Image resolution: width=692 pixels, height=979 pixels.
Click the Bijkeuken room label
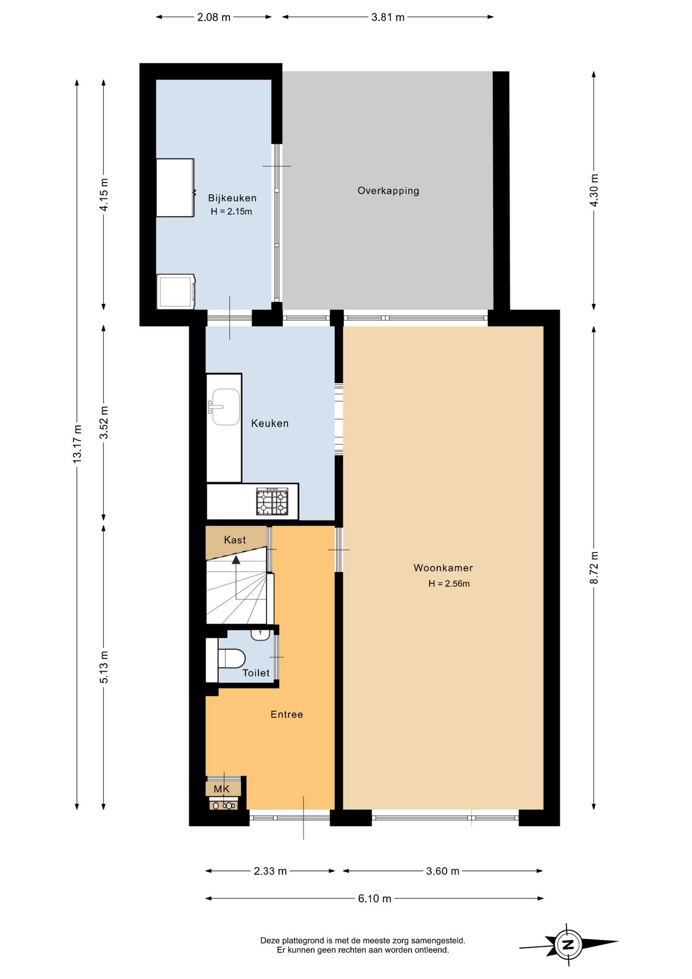(232, 198)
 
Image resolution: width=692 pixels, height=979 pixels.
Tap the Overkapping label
(388, 191)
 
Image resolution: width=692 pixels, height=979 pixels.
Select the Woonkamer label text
(443, 568)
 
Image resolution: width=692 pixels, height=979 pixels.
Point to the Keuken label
(270, 423)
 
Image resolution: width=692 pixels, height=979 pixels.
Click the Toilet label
(256, 673)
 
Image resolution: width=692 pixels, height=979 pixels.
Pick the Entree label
(286, 714)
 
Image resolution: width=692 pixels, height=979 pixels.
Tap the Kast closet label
(235, 540)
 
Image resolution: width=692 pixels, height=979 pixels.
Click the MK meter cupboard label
(221, 789)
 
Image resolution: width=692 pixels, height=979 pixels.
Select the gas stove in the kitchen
(272, 501)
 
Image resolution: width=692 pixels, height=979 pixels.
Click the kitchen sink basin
(226, 407)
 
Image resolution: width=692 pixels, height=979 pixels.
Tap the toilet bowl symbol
(231, 658)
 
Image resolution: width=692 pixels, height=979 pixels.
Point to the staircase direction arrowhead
(236, 559)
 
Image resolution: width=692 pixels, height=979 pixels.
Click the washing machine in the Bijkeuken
(176, 292)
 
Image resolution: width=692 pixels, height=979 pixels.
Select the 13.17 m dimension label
(77, 444)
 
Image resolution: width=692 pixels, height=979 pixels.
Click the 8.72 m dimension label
(594, 568)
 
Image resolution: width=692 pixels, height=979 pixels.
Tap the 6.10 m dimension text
(375, 898)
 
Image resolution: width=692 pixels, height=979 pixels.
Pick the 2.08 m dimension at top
(214, 17)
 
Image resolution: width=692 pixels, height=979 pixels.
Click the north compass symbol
(568, 944)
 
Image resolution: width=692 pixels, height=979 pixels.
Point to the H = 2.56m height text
(449, 584)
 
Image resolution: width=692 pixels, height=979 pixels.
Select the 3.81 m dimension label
(388, 17)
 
